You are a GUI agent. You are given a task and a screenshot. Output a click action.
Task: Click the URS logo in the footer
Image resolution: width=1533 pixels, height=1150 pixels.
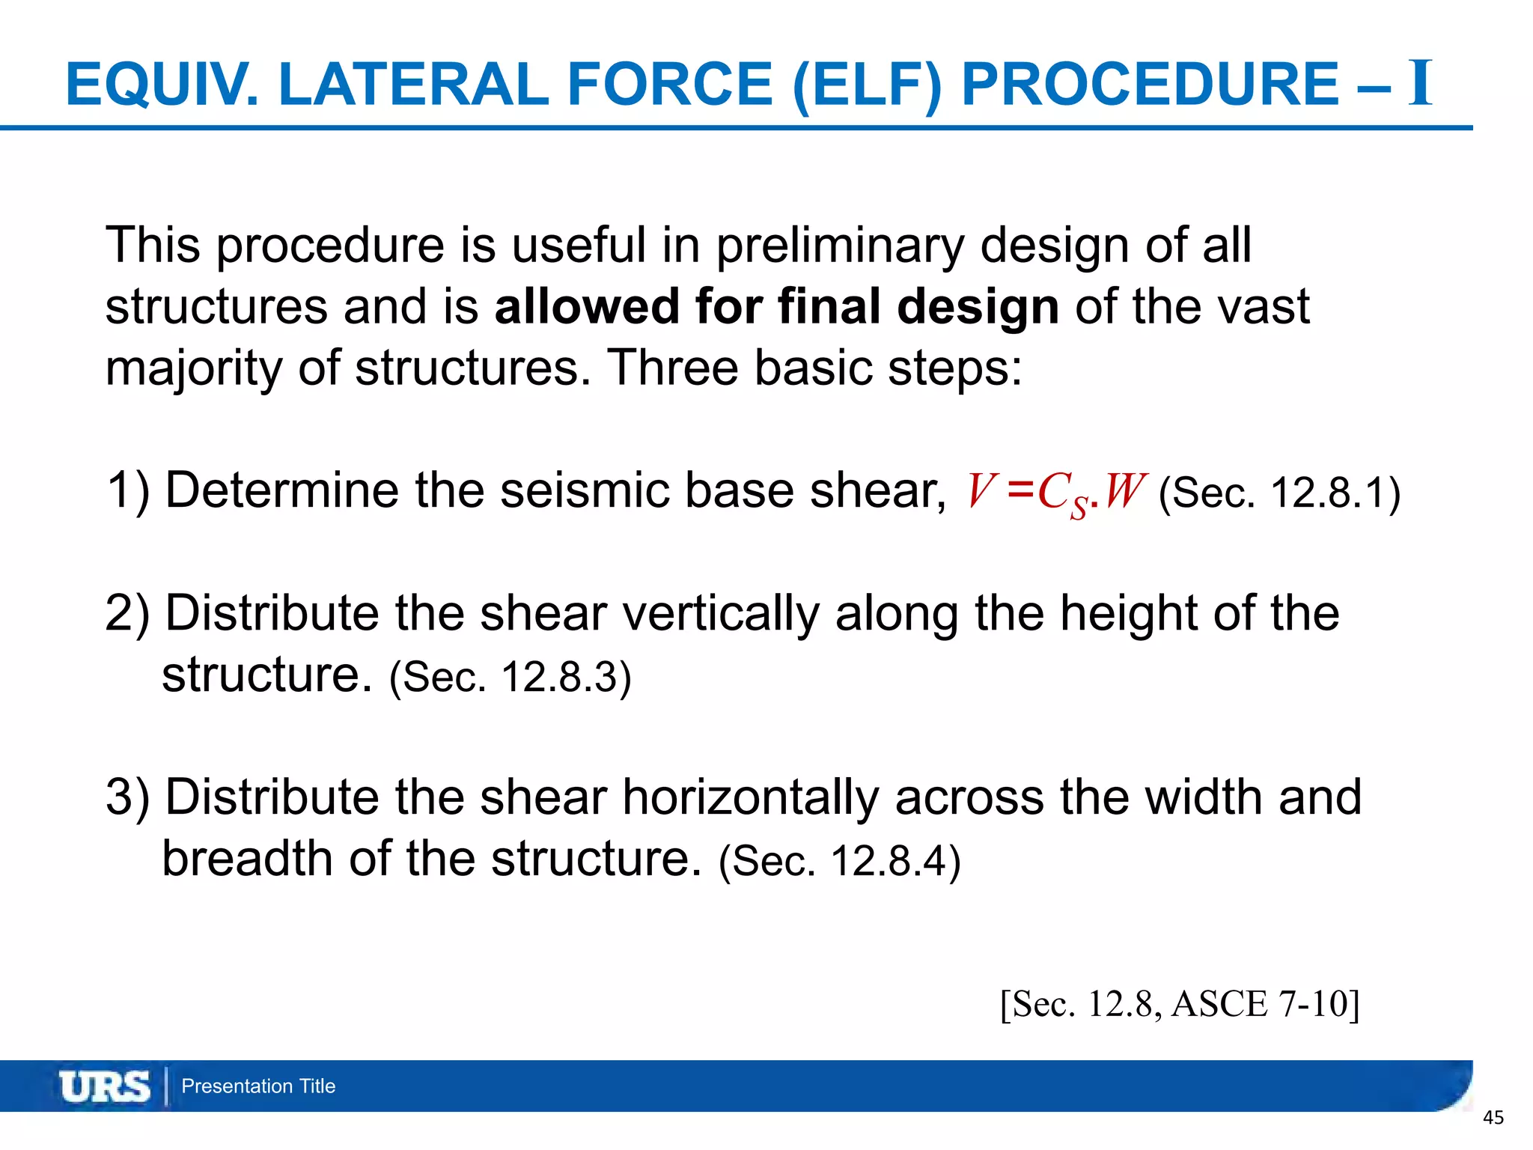tap(105, 1086)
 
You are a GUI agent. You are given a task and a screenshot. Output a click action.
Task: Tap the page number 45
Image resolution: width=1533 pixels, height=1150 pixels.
tap(1493, 1119)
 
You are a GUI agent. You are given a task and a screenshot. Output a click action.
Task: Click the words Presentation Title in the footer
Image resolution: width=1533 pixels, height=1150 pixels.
tap(258, 1086)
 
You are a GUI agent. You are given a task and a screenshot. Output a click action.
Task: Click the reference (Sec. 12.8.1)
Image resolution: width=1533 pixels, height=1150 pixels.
tap(1279, 493)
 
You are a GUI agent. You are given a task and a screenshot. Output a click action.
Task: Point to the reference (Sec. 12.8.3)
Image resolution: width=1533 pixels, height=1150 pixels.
tap(511, 677)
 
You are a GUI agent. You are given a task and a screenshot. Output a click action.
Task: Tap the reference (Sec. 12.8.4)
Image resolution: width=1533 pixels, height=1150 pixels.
tap(839, 860)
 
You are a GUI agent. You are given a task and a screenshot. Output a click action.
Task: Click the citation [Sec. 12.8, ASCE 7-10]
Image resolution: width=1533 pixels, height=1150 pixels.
tap(1180, 1004)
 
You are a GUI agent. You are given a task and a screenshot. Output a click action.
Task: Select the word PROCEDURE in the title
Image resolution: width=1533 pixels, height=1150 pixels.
tap(1150, 84)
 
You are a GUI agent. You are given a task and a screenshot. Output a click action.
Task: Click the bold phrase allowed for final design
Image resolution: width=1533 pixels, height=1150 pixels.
tap(776, 307)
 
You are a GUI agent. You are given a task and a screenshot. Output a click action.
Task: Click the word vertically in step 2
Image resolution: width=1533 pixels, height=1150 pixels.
tap(721, 614)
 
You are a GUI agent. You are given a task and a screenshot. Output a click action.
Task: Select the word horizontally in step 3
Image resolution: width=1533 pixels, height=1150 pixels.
tap(750, 797)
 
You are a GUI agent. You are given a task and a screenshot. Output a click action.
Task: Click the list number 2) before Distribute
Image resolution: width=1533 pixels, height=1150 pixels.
tap(127, 614)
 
